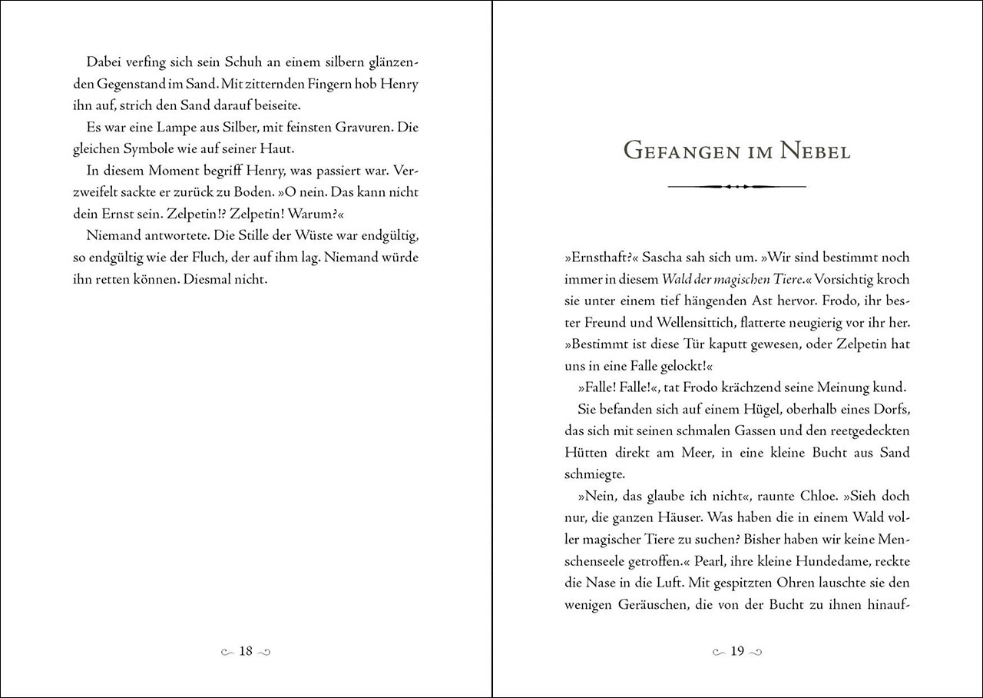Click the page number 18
(x=246, y=651)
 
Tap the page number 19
(x=737, y=651)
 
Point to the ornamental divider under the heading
(x=736, y=186)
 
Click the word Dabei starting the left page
(x=103, y=61)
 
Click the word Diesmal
(x=211, y=279)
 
